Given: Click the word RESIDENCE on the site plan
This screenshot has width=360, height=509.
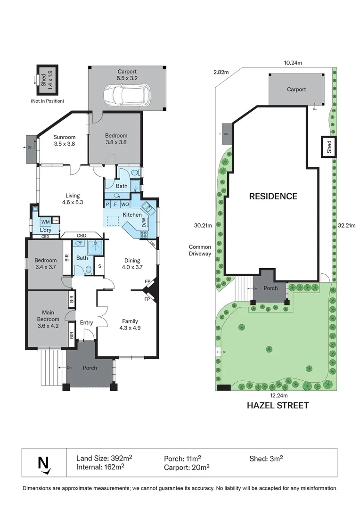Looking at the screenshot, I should pos(273,196).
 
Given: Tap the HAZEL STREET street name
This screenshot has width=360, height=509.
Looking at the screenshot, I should pos(278,405).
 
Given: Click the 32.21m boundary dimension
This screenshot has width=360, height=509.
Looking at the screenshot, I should pos(346,225).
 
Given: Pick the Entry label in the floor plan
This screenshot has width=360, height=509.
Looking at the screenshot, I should pos(86,323).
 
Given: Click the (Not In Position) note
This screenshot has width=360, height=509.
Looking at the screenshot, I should pos(47,101).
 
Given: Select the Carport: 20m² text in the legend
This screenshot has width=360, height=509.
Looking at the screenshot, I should pos(187,467).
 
